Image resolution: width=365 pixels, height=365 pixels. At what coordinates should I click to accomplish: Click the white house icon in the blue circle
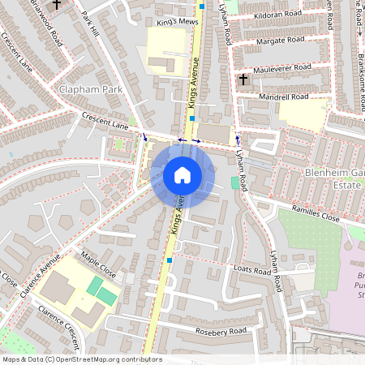[182, 174]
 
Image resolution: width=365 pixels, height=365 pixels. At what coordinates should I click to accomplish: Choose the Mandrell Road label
[283, 97]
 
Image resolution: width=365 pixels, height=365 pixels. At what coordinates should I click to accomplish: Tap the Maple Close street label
[99, 265]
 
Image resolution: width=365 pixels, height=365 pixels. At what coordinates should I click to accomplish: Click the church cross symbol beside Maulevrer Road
[243, 79]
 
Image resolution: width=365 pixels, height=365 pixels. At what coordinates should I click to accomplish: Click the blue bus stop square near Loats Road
[169, 260]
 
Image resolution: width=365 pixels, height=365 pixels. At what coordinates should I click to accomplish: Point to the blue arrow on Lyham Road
[238, 139]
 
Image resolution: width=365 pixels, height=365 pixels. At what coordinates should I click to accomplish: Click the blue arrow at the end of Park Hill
[145, 137]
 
